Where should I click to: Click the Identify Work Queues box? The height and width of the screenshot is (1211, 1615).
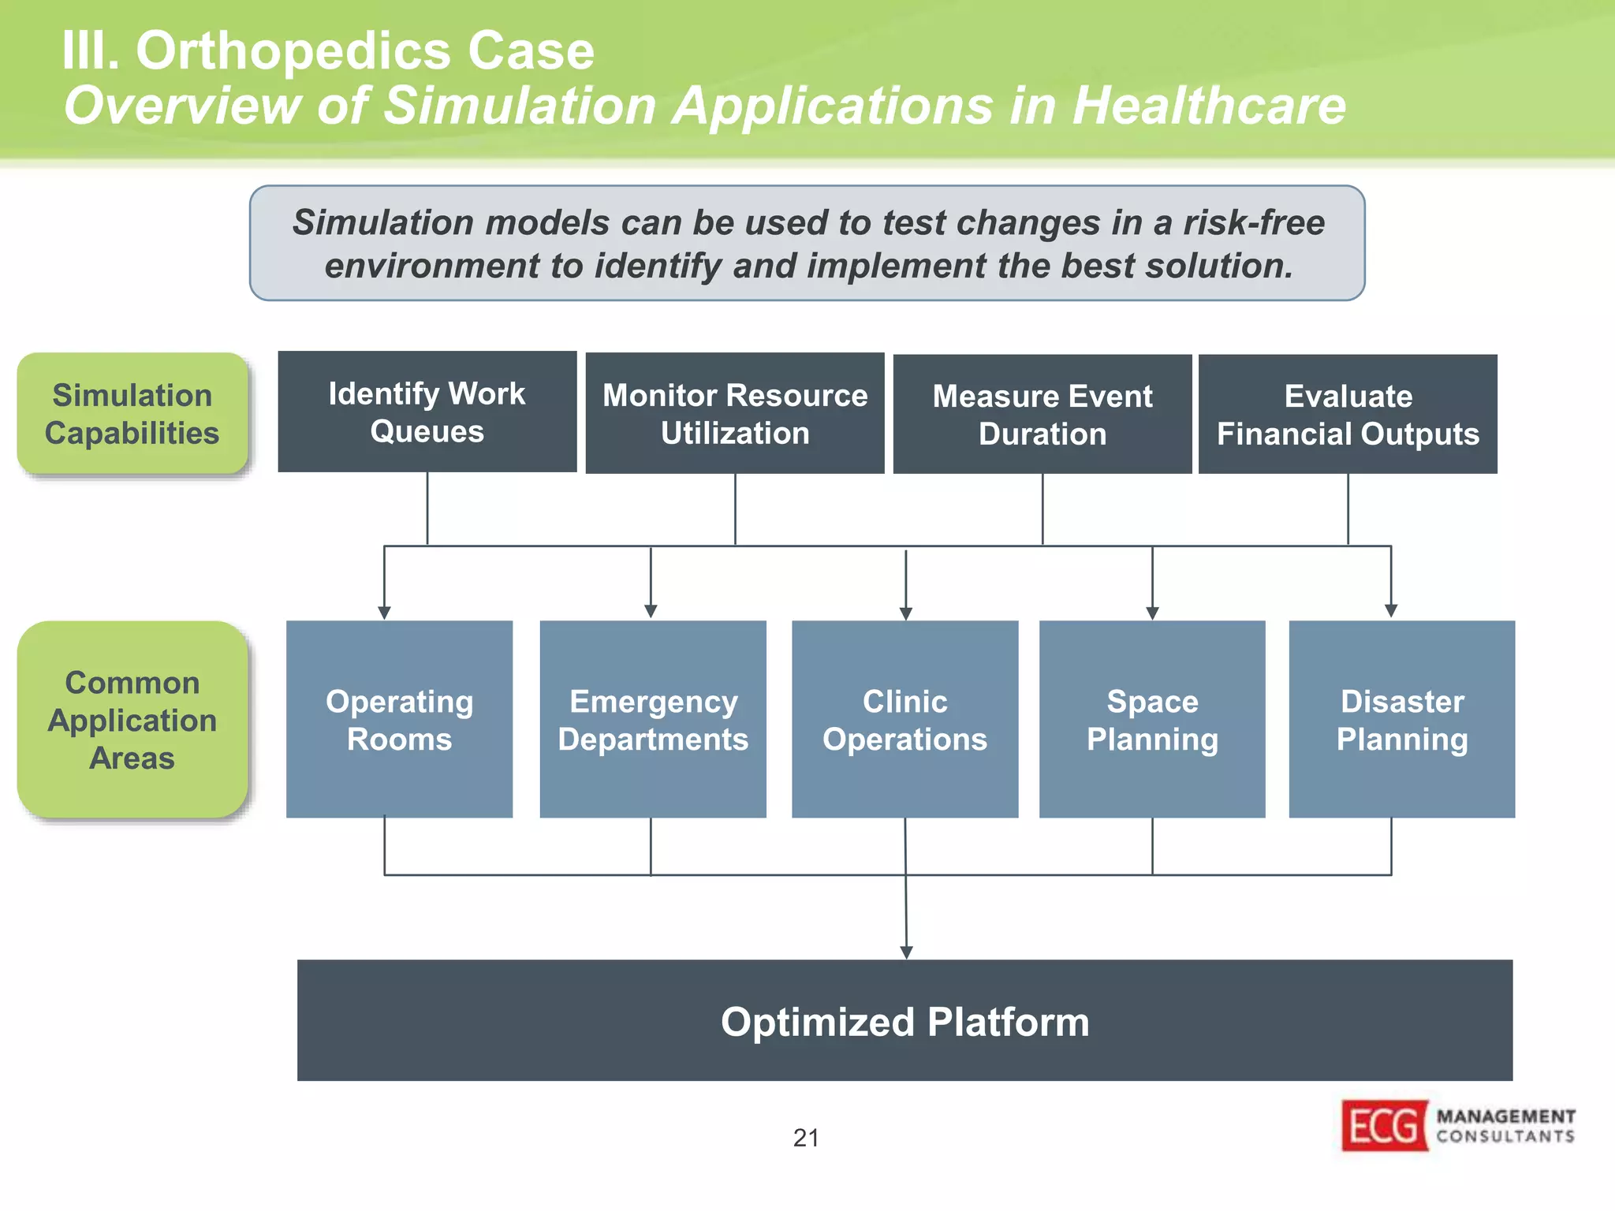point(427,412)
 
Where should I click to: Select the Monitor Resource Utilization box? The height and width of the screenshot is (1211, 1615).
point(734,413)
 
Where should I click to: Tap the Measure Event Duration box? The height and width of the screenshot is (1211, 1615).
point(1042,414)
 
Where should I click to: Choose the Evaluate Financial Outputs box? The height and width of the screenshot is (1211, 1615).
point(1348,414)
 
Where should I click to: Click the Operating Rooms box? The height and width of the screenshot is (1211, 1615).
point(399,719)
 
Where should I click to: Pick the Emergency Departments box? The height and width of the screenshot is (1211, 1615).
point(653,719)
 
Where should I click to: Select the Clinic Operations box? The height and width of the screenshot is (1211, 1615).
point(904,719)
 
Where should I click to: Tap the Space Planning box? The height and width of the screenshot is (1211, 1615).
point(1152,719)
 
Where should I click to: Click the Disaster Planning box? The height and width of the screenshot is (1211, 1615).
point(1401,719)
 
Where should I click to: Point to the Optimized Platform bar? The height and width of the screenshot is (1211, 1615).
point(904,1020)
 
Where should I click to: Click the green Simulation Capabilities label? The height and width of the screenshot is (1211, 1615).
point(132,413)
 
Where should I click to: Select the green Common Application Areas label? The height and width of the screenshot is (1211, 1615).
point(132,719)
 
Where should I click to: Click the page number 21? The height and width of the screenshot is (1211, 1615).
point(806,1138)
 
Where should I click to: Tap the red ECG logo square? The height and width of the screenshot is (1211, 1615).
point(1385,1125)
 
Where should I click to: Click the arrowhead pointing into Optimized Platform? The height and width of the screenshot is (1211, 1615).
point(906,952)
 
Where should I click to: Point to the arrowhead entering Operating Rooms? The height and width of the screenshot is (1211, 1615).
point(384,613)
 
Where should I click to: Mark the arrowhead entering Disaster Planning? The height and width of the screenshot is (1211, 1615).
point(1391,611)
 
